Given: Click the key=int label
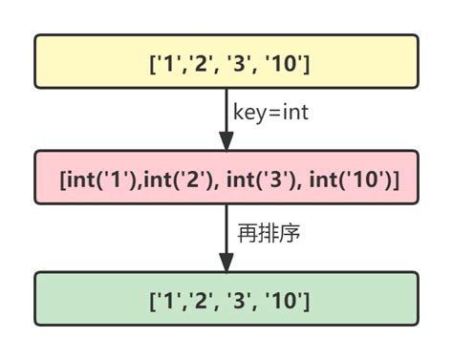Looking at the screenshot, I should (270, 112).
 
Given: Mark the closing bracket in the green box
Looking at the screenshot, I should (305, 303).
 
